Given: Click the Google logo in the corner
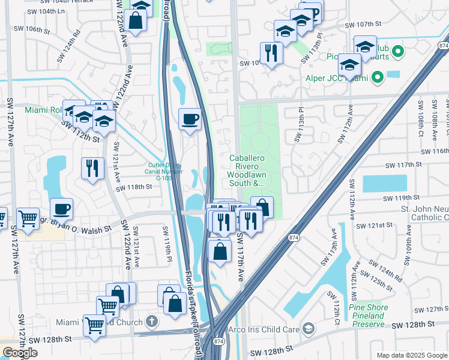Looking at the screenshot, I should [x=20, y=353].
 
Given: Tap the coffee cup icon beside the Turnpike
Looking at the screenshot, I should [x=190, y=119].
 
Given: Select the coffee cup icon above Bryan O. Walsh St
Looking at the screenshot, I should [x=61, y=209].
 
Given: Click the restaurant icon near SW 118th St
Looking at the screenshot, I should [x=92, y=168].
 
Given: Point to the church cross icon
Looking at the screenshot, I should [x=152, y=322].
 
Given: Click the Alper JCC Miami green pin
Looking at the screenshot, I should [x=377, y=77].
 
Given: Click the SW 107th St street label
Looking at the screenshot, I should [x=363, y=25].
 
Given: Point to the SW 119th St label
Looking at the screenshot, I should [x=402, y=197].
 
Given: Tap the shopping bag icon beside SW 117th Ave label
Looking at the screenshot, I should [x=220, y=251].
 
